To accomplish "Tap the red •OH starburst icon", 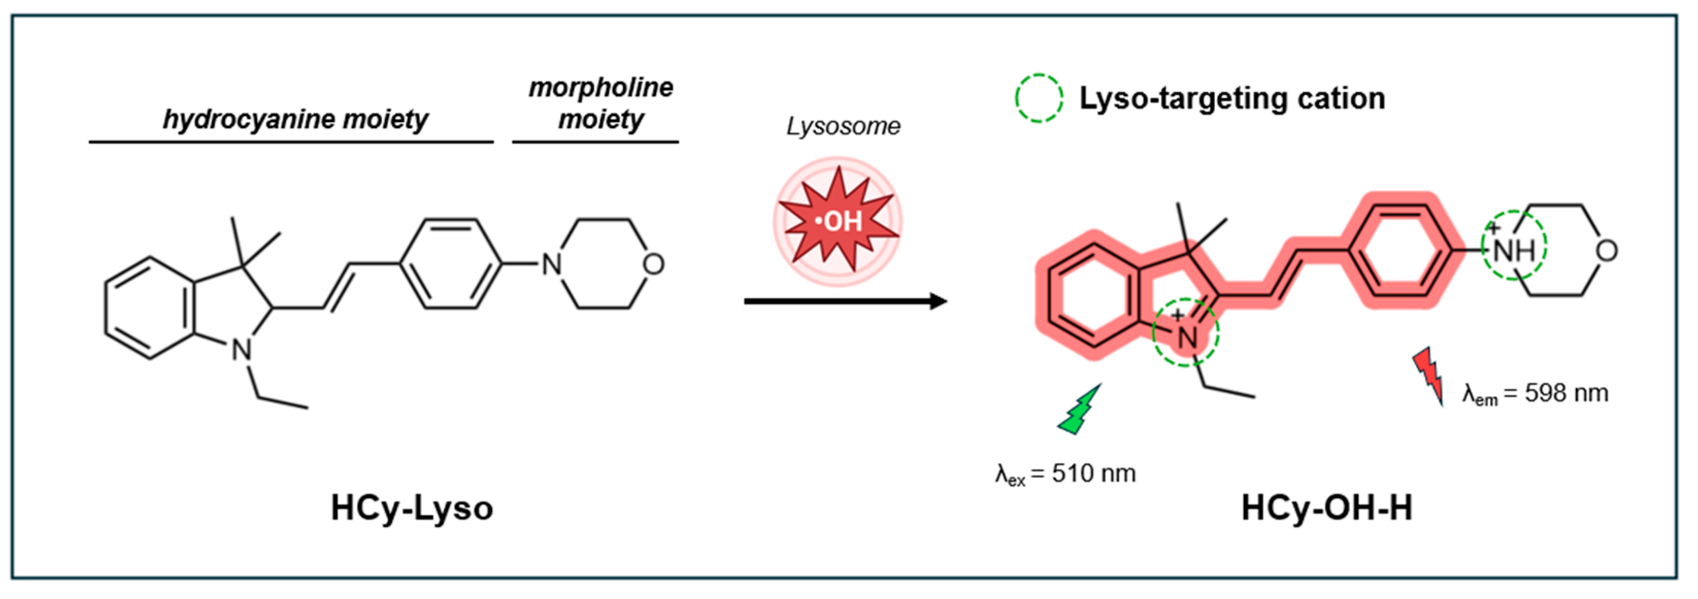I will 838,221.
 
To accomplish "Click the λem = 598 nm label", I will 1535,393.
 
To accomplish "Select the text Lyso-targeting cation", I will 1231,98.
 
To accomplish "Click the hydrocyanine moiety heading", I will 295,119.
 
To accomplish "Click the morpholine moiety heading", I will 601,104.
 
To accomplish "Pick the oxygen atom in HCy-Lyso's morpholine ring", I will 653,264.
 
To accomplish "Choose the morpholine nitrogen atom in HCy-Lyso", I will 551,264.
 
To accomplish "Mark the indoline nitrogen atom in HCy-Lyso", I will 242,349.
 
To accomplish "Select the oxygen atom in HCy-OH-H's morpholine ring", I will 1606,250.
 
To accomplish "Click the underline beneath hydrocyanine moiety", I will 291,142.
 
